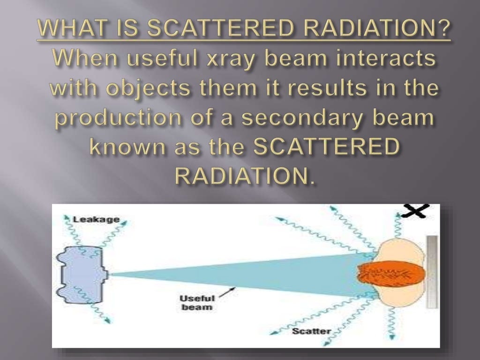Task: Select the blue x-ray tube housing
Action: (80, 273)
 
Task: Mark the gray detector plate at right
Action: (432, 272)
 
